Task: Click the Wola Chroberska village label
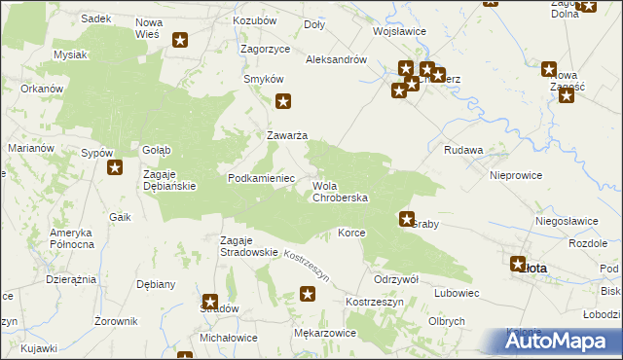click(x=340, y=192)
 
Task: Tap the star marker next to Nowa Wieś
click(x=181, y=40)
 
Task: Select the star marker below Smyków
click(x=284, y=100)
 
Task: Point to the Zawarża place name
click(x=288, y=135)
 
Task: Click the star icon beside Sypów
click(x=115, y=167)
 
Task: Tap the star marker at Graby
click(x=407, y=220)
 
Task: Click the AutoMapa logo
click(x=561, y=342)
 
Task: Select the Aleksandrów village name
click(x=336, y=59)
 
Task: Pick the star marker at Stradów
click(x=210, y=303)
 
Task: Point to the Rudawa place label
click(x=463, y=151)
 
